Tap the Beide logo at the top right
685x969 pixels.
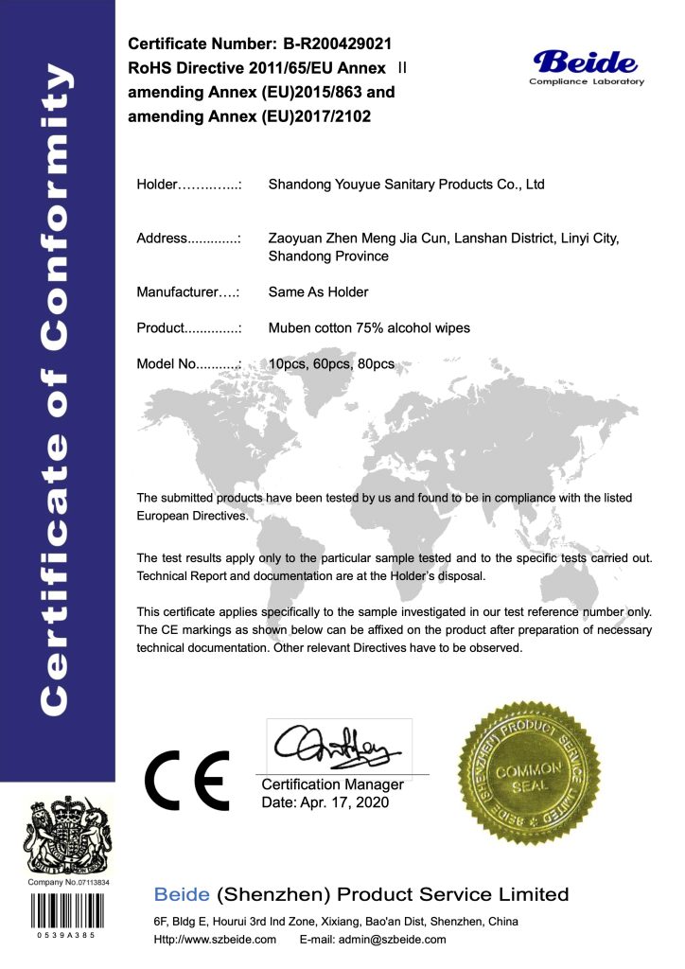click(586, 62)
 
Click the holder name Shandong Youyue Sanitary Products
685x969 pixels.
click(406, 185)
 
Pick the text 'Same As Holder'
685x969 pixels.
click(318, 292)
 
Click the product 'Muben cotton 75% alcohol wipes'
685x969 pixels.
click(369, 328)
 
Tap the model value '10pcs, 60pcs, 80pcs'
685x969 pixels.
click(331, 363)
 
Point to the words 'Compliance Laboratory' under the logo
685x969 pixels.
click(586, 82)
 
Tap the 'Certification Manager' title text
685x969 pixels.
click(332, 784)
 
